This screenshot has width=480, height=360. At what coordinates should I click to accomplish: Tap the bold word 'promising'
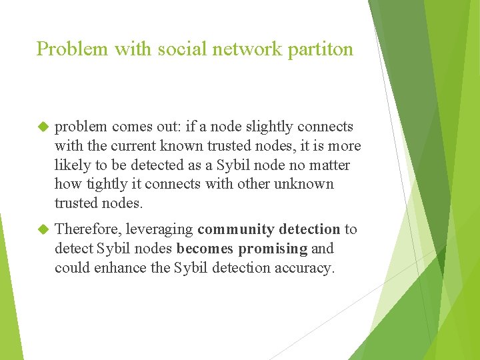click(273, 249)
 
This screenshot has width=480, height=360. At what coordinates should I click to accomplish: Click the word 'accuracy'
click(305, 269)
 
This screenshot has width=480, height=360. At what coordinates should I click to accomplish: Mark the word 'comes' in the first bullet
click(133, 127)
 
